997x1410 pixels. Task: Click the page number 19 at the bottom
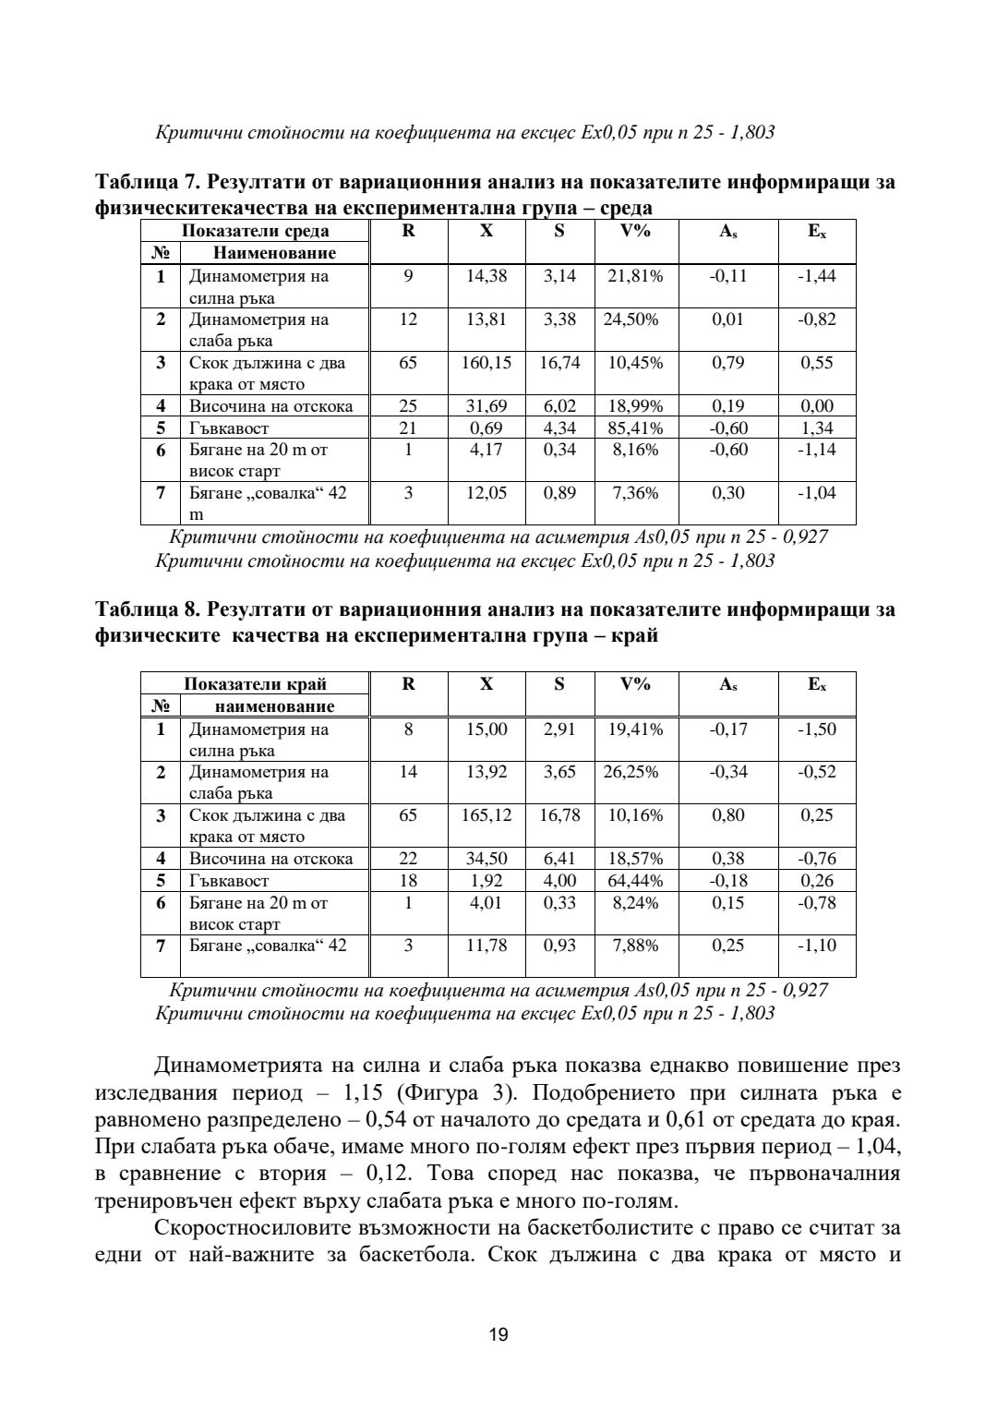click(x=498, y=1334)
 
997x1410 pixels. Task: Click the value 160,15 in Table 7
click(x=486, y=363)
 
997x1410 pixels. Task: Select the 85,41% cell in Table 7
click(x=635, y=428)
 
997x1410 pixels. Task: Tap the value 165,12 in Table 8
click(x=486, y=815)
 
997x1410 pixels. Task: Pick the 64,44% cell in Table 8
click(x=635, y=881)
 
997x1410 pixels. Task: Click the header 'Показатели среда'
click(x=255, y=232)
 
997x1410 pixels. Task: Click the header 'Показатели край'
click(x=255, y=684)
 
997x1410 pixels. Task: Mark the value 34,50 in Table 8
click(x=486, y=859)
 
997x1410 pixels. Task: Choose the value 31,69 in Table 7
click(x=486, y=406)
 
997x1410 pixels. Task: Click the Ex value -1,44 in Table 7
click(x=817, y=276)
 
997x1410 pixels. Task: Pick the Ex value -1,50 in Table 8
click(x=817, y=729)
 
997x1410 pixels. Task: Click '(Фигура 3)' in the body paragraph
click(x=450, y=1093)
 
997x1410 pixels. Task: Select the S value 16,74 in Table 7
click(x=559, y=363)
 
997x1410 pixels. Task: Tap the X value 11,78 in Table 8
click(x=486, y=946)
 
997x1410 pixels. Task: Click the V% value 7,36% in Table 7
click(x=635, y=493)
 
